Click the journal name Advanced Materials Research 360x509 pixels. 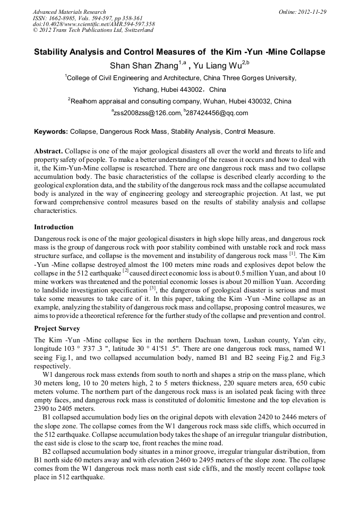coord(69,12)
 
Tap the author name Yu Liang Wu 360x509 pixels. coord(218,66)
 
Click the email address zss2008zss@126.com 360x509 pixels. coord(147,113)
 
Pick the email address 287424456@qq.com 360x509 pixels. coord(217,113)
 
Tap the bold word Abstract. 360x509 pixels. coord(48,151)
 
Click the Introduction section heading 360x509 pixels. coord(54,227)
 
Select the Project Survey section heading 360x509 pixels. coord(57,329)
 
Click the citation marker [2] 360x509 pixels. coord(126,270)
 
